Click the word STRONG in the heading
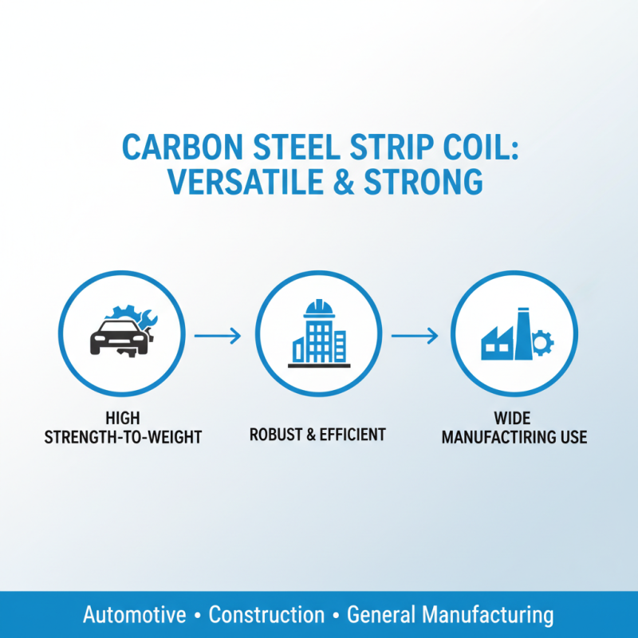pos(423,183)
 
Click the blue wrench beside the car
pos(149,319)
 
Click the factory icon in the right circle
pos(504,339)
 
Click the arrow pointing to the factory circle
pos(415,337)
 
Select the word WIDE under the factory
pos(514,419)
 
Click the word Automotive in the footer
pos(135,615)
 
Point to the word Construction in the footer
pos(266,615)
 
